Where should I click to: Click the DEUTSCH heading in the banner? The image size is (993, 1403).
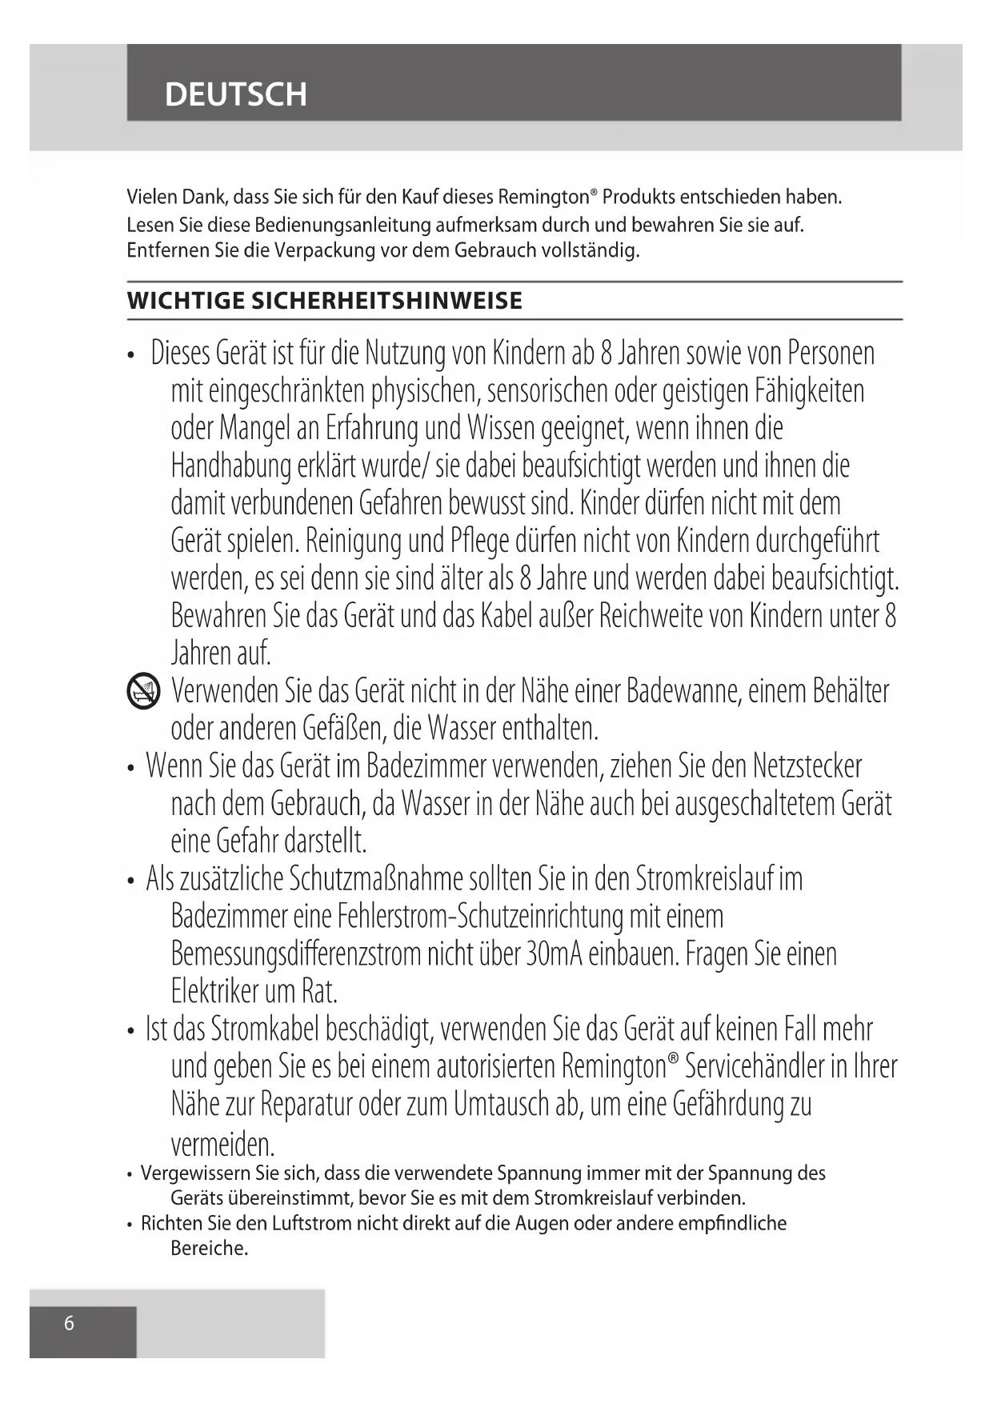[x=235, y=94]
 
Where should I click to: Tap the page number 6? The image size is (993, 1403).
[x=69, y=1323]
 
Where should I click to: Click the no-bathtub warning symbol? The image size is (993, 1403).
[x=143, y=692]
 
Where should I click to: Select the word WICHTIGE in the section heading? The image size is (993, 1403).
[x=186, y=302]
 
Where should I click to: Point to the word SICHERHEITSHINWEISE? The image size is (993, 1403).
[x=387, y=302]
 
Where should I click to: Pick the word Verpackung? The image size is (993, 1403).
[x=325, y=250]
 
